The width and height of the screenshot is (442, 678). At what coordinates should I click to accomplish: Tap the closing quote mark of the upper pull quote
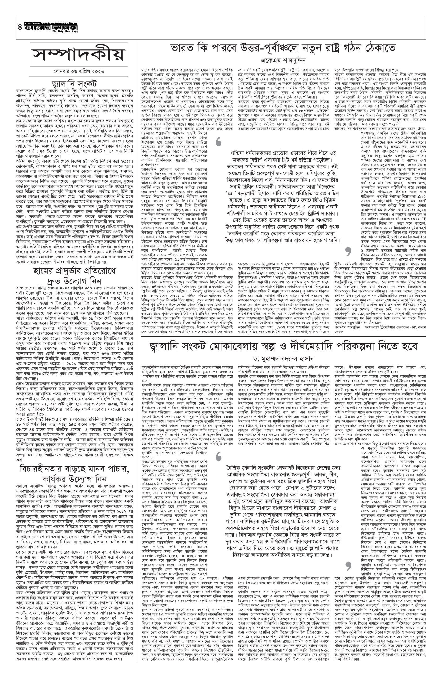pos(348,253)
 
